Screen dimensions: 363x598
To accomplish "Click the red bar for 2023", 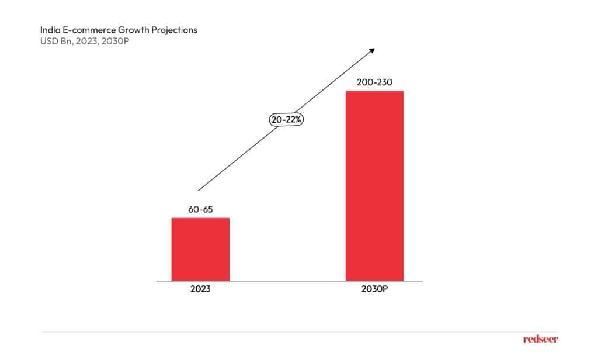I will (x=200, y=249).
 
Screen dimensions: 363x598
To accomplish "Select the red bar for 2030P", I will (x=374, y=186).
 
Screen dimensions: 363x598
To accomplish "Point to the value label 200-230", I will (x=374, y=82).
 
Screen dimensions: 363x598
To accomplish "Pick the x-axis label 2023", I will (x=200, y=289).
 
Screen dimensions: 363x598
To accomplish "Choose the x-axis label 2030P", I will (x=374, y=289).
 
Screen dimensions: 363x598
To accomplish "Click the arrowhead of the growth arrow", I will (x=371, y=50).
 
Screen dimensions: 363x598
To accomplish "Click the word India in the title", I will (x=48, y=29).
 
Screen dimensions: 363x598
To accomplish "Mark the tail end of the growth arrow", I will (x=199, y=189).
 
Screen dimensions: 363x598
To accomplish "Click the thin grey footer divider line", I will (x=292, y=332).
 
